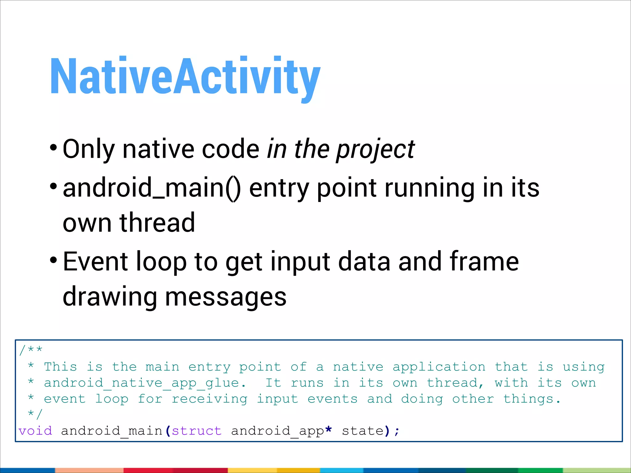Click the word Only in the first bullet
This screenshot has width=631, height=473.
(x=89, y=149)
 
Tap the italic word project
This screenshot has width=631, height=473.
(x=375, y=150)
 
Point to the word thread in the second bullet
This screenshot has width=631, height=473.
(x=157, y=223)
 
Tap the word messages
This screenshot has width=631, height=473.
(x=226, y=297)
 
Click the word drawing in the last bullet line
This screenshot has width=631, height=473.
(x=110, y=297)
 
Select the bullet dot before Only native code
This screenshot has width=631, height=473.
(x=53, y=148)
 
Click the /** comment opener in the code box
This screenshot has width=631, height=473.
(x=31, y=350)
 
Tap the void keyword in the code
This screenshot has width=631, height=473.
(x=35, y=431)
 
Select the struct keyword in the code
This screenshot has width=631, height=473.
(x=197, y=431)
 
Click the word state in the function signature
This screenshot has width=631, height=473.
(x=363, y=431)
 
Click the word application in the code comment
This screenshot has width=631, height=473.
(x=439, y=367)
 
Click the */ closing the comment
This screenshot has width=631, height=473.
(x=35, y=414)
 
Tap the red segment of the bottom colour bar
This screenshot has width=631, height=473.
(x=176, y=470)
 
